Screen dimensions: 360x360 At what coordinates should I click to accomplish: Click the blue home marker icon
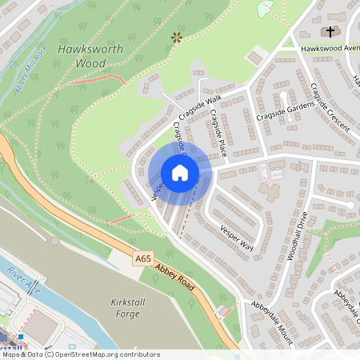tap(180, 173)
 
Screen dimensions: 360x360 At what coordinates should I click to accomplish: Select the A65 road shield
tap(143, 258)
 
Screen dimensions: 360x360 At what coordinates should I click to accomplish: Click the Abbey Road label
tap(177, 273)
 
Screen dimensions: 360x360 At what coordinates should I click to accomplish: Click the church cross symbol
tap(330, 31)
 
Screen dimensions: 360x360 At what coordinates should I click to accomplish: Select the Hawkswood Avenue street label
tap(328, 49)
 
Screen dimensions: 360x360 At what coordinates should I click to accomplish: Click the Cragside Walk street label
tap(199, 107)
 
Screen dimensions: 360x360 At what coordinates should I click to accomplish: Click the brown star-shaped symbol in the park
tap(177, 36)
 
